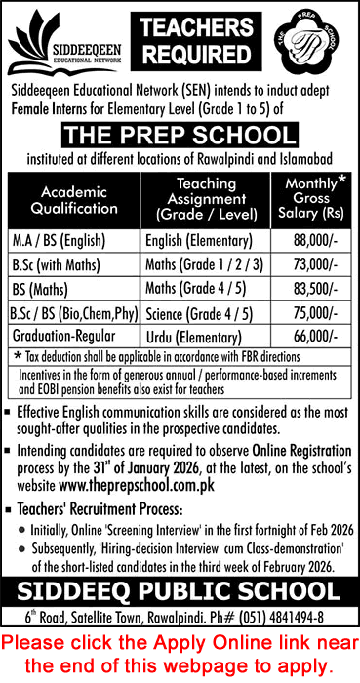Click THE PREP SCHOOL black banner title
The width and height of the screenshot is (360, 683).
180,136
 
